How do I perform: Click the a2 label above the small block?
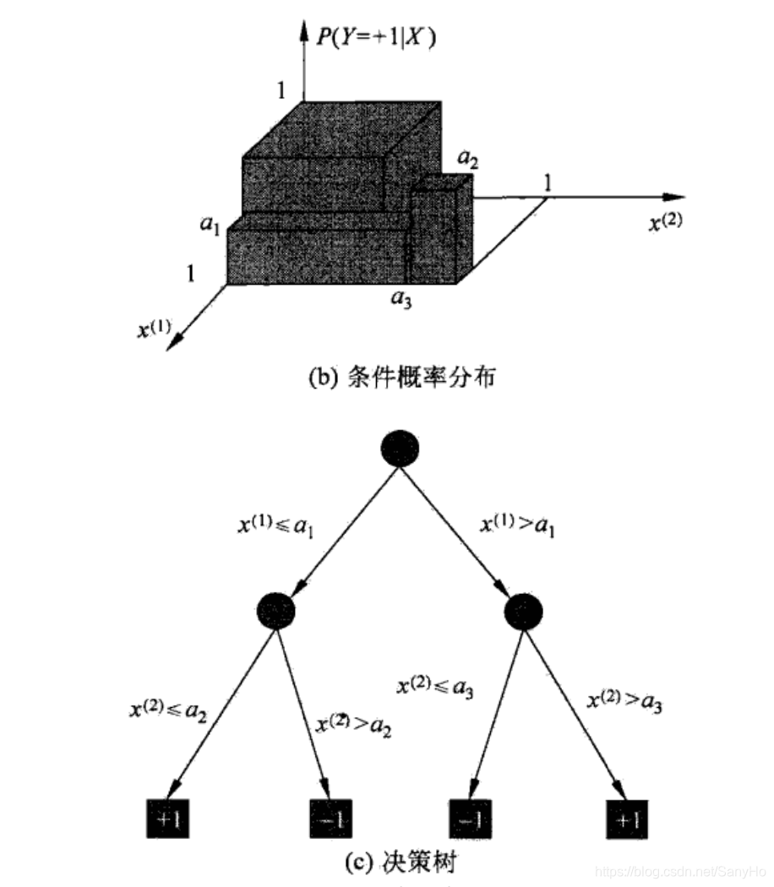coord(467,157)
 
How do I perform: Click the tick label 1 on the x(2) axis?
coord(548,182)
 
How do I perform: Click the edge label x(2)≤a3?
coord(434,688)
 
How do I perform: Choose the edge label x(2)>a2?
coord(353,725)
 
